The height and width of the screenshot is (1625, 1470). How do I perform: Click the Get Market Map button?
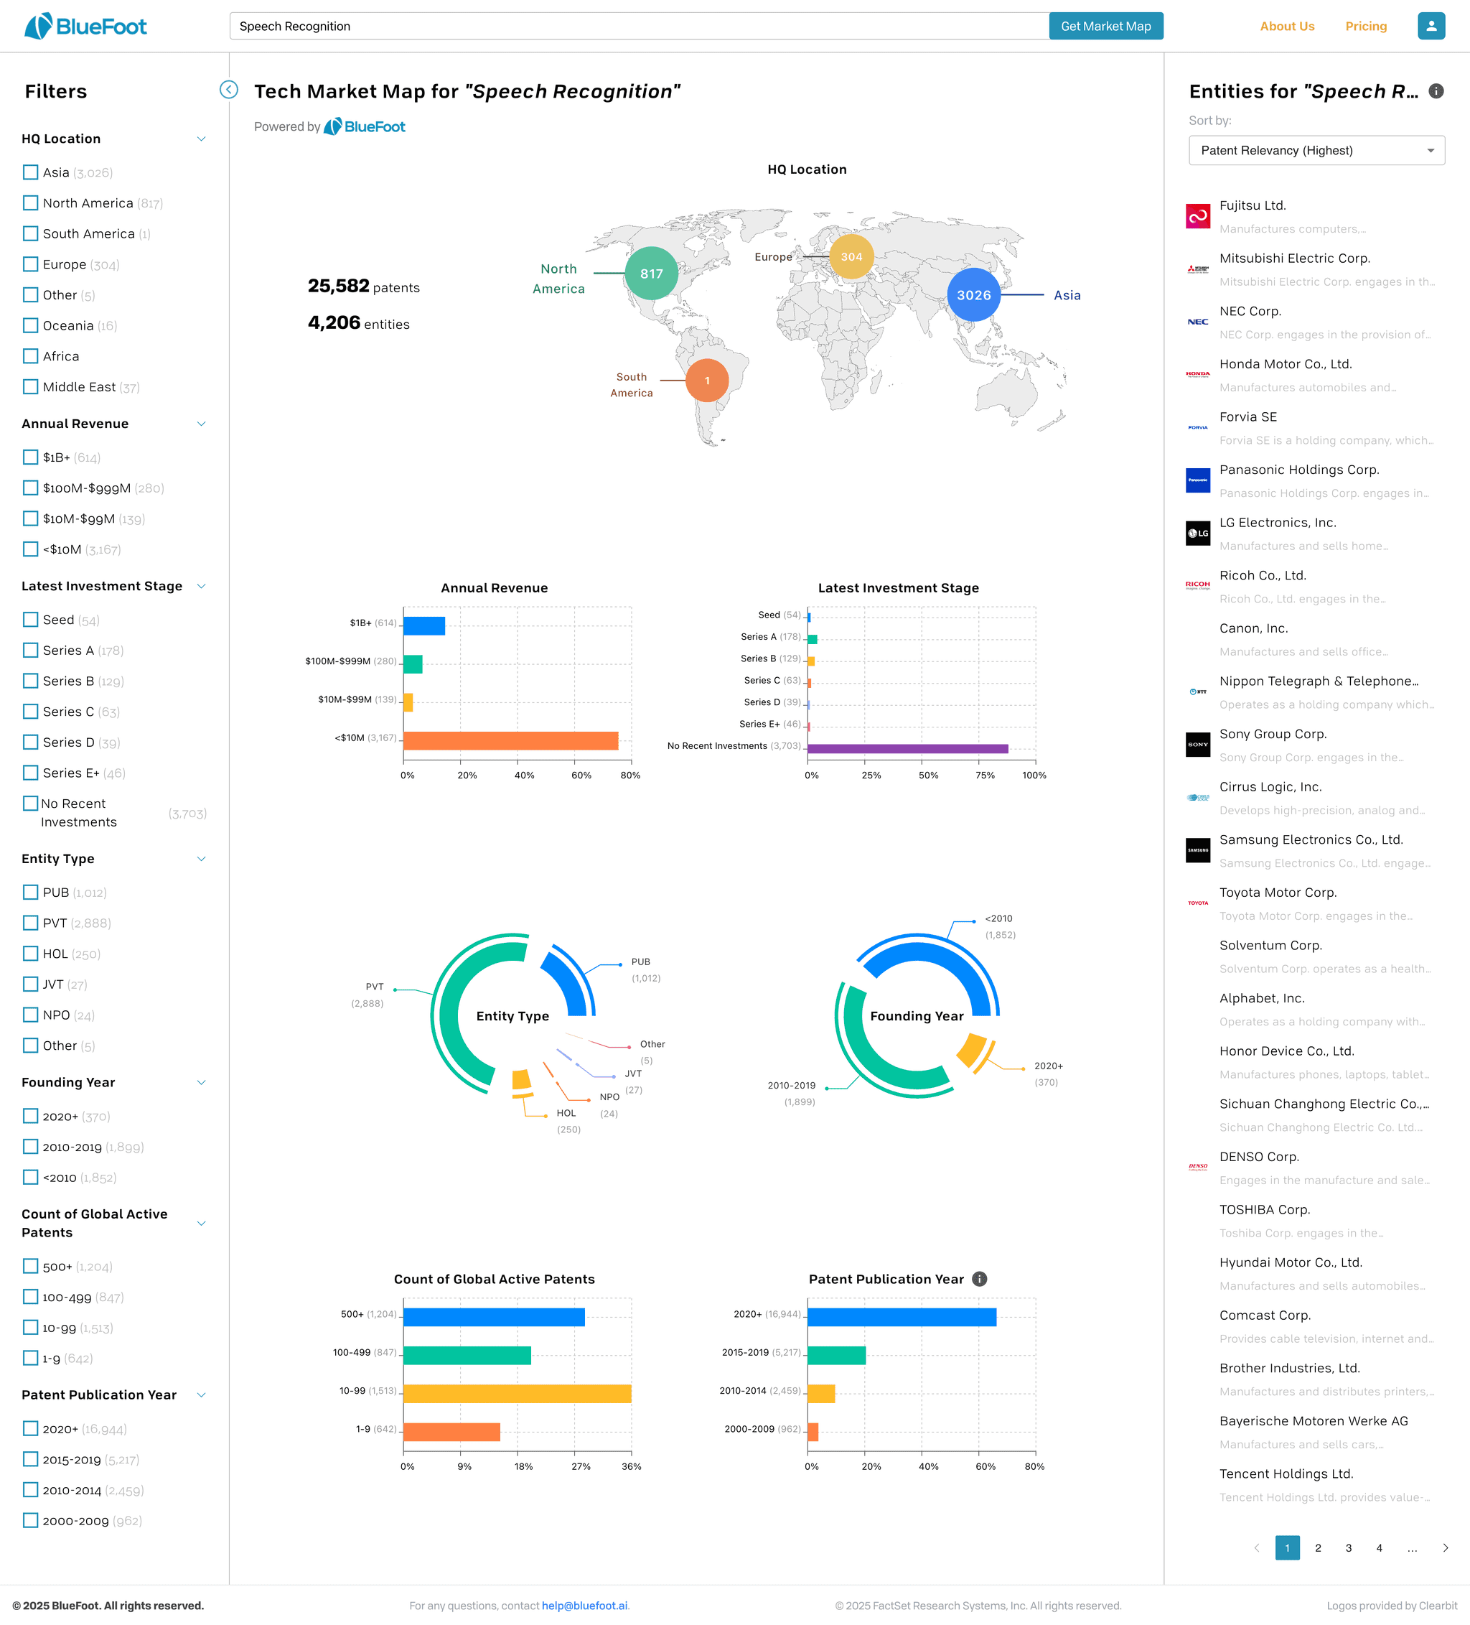[1105, 27]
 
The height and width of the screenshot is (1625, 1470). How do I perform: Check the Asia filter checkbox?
[31, 172]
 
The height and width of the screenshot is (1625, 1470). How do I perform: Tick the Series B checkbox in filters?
[31, 681]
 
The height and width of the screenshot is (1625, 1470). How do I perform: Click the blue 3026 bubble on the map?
[973, 295]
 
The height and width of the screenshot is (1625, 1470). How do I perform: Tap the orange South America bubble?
[707, 381]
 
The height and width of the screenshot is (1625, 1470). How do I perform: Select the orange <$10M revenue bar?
[510, 741]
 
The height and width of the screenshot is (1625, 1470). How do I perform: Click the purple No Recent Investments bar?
[907, 749]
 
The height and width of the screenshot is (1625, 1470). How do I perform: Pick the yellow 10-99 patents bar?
[517, 1394]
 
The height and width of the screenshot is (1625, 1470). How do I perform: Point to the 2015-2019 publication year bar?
[836, 1356]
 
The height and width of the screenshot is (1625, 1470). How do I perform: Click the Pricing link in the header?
[1366, 27]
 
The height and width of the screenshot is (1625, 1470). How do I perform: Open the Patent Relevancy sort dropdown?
[1316, 151]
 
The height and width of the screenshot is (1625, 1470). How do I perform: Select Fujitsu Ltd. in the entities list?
[1253, 205]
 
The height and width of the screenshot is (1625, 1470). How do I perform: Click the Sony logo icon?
[1197, 745]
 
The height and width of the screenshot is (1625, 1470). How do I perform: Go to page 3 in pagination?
[1348, 1547]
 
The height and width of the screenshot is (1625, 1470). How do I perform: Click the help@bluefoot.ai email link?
[584, 1606]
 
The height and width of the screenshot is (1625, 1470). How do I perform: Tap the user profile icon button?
[1431, 26]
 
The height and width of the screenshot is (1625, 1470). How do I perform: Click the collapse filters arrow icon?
[229, 90]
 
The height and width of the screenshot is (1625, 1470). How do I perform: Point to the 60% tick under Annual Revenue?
[581, 776]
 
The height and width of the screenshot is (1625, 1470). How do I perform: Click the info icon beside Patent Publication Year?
[979, 1279]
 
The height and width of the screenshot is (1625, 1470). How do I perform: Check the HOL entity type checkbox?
[31, 954]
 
